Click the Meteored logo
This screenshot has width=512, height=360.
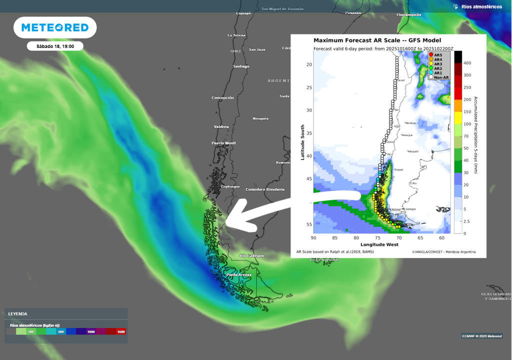(x=55, y=27)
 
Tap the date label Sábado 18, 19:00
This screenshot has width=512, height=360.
(x=55, y=46)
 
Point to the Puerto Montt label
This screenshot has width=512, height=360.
(x=223, y=143)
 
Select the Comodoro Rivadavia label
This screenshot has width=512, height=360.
(x=264, y=189)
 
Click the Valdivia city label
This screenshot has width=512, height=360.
(x=221, y=126)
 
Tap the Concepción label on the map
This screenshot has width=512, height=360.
(x=222, y=98)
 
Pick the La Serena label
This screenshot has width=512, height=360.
(x=236, y=35)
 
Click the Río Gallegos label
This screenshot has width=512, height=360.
(x=251, y=255)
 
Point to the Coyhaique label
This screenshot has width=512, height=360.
(x=230, y=186)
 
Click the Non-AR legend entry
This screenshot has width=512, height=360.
(x=441, y=77)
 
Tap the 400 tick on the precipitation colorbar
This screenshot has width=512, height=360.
(x=467, y=63)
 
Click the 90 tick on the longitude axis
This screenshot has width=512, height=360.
(x=314, y=238)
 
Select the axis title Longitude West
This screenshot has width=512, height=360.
(x=379, y=244)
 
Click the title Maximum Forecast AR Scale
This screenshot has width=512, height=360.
(x=377, y=40)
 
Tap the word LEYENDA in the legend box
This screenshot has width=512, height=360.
(x=17, y=314)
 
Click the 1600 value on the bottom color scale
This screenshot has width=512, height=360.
(x=120, y=331)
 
